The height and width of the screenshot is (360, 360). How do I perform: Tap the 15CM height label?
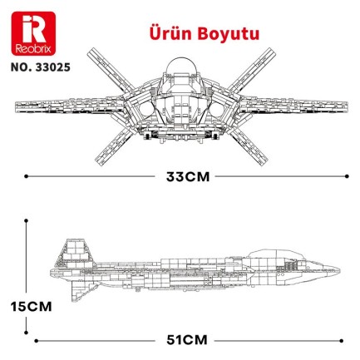[27, 306]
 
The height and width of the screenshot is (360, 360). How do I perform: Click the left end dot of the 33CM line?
[26, 176]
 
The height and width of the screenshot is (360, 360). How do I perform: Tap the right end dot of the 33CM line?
[346, 176]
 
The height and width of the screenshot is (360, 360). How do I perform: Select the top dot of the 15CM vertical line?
[27, 222]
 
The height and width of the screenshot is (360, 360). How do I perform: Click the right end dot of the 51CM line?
[346, 339]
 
